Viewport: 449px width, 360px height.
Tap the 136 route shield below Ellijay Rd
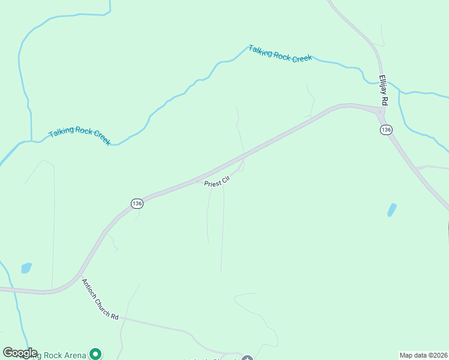click(385, 130)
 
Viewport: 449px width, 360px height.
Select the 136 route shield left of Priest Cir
click(137, 203)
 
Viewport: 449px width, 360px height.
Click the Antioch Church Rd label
click(100, 299)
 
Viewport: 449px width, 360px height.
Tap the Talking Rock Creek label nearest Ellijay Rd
click(280, 53)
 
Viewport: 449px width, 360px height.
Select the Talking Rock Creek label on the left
click(79, 136)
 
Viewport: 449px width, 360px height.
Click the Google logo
click(20, 353)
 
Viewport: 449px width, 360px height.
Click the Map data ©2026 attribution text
click(424, 355)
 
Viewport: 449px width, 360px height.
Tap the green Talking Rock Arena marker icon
click(95, 354)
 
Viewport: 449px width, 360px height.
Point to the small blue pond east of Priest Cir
click(392, 210)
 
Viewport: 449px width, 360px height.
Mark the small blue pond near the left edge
click(26, 268)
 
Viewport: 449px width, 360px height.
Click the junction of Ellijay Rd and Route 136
click(380, 112)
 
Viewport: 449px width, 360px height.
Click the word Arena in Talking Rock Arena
click(76, 356)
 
